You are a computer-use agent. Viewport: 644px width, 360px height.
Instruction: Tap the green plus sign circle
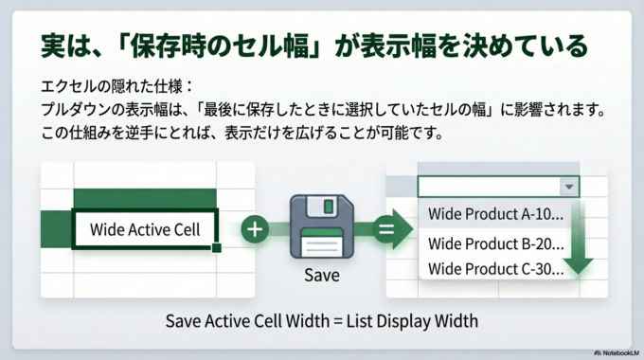[x=255, y=229]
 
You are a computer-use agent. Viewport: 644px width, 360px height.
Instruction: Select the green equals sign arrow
[x=388, y=229]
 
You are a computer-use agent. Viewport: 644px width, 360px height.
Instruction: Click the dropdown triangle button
[x=566, y=188]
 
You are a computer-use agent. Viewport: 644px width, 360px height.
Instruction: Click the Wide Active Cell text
[x=145, y=229]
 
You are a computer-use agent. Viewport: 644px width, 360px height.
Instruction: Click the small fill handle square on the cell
[x=217, y=248]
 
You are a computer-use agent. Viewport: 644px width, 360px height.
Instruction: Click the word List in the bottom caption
[x=370, y=321]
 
